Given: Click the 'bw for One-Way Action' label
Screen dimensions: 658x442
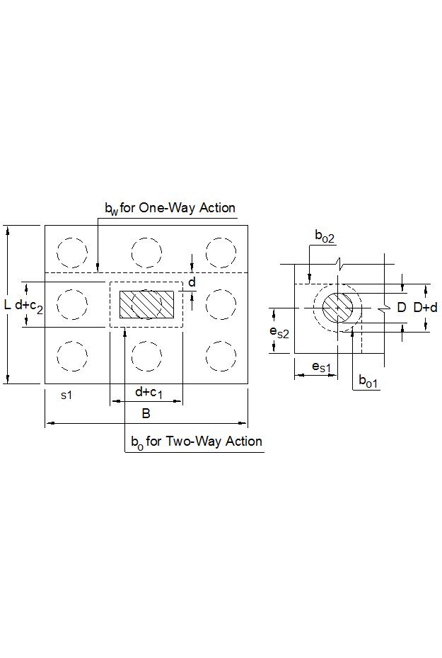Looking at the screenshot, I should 170,208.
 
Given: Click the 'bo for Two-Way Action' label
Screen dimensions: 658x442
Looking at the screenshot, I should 196,441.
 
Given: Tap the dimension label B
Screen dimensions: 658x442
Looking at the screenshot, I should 146,413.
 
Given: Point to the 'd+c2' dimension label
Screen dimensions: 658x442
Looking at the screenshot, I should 29,306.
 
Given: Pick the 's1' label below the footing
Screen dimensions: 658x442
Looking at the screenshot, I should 66,396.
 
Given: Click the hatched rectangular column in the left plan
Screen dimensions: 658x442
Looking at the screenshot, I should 146,304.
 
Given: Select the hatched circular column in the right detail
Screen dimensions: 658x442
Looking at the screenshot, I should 338,308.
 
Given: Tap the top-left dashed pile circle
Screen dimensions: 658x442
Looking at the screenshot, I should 72,253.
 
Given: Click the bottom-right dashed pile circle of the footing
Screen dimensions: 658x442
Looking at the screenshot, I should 221,356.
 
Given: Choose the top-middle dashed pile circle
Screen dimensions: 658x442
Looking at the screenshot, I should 146,253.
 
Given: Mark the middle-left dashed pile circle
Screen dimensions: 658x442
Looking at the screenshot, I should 72,304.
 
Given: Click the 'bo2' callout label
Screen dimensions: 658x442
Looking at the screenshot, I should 325,236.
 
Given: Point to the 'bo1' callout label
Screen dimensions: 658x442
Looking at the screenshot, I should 368,381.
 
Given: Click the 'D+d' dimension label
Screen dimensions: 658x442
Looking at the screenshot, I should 425,307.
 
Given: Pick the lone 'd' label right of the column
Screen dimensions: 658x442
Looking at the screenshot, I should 192,282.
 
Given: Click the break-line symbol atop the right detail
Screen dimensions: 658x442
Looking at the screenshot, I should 342,265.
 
